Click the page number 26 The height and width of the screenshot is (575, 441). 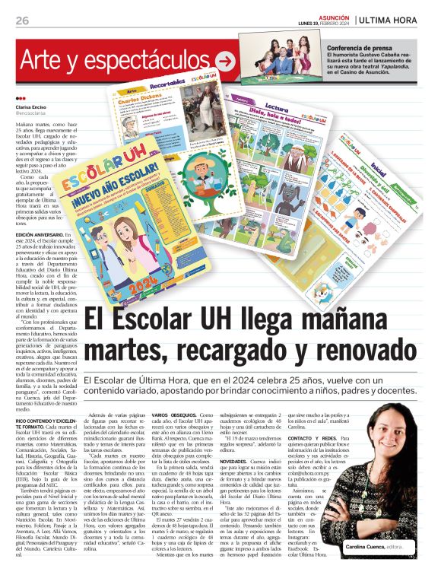22,20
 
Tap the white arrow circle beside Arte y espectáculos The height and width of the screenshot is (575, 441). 226,61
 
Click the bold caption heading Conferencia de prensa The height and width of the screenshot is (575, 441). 359,48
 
